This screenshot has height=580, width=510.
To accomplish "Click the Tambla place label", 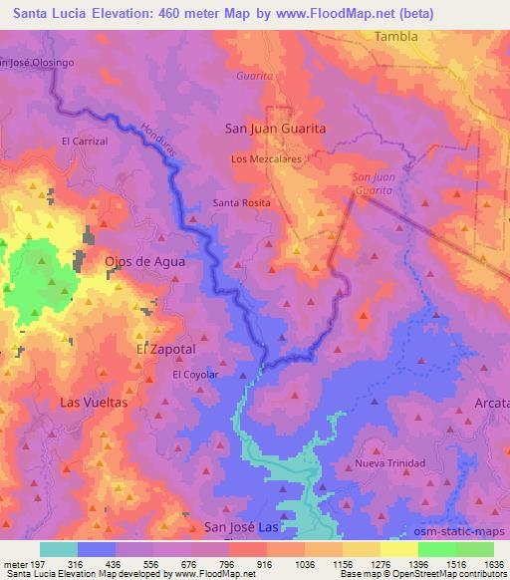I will click(396, 36).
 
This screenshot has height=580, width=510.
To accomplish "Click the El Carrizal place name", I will click(84, 142).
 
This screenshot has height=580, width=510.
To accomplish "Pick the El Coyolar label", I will click(195, 375).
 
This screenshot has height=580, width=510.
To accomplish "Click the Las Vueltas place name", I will click(94, 403).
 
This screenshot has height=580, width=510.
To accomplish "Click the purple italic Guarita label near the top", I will click(254, 76).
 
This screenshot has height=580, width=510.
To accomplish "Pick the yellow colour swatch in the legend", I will click(399, 549).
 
